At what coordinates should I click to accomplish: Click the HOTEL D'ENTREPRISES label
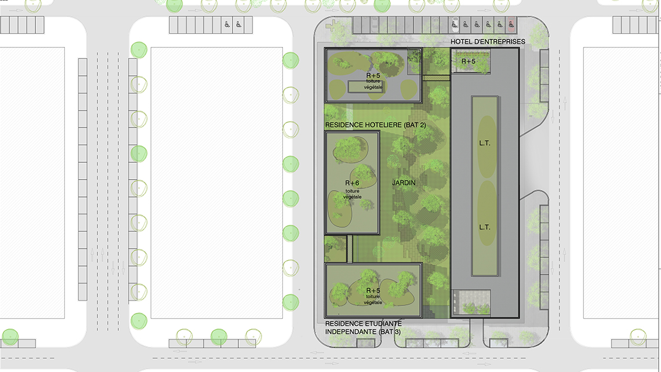488,42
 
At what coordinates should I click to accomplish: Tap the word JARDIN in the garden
404,183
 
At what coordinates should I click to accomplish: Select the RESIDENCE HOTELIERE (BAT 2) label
375,125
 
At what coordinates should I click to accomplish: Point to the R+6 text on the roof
352,183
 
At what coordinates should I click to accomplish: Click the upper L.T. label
484,143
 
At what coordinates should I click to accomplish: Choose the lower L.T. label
484,227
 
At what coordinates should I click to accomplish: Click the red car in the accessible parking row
511,25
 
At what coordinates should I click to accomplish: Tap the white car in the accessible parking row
454,25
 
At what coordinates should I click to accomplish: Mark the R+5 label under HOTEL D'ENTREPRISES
468,61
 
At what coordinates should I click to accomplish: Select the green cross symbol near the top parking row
333,26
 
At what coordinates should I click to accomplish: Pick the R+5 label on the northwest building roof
373,76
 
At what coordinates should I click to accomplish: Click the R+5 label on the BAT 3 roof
373,291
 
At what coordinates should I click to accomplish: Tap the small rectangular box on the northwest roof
365,87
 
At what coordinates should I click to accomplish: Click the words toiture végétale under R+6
352,194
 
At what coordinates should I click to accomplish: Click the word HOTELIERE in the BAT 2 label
384,125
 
